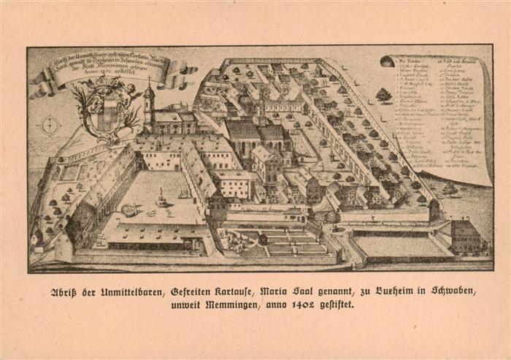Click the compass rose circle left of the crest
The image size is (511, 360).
[x=50, y=125]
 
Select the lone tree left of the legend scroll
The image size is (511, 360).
[x=383, y=95]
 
